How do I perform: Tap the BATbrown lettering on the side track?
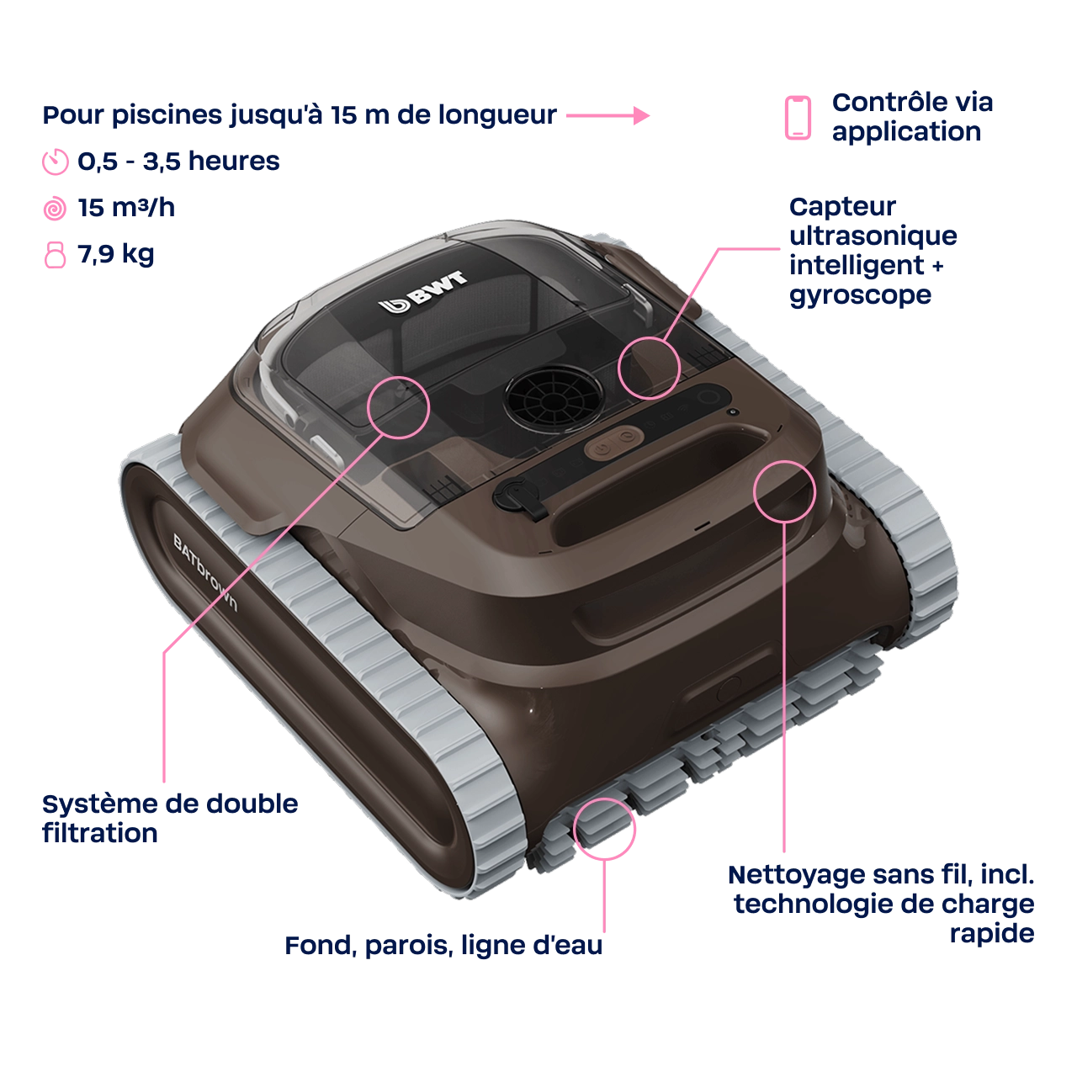tap(205, 571)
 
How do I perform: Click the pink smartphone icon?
tap(798, 117)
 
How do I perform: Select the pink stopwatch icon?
tap(56, 162)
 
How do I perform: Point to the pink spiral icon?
tap(55, 209)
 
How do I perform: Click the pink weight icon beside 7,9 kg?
tap(55, 255)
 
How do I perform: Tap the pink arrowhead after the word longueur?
tap(642, 115)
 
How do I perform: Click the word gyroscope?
tap(860, 295)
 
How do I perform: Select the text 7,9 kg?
tap(115, 254)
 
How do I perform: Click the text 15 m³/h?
tap(126, 207)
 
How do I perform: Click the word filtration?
tap(100, 833)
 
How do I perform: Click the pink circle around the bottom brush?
tap(604, 830)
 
